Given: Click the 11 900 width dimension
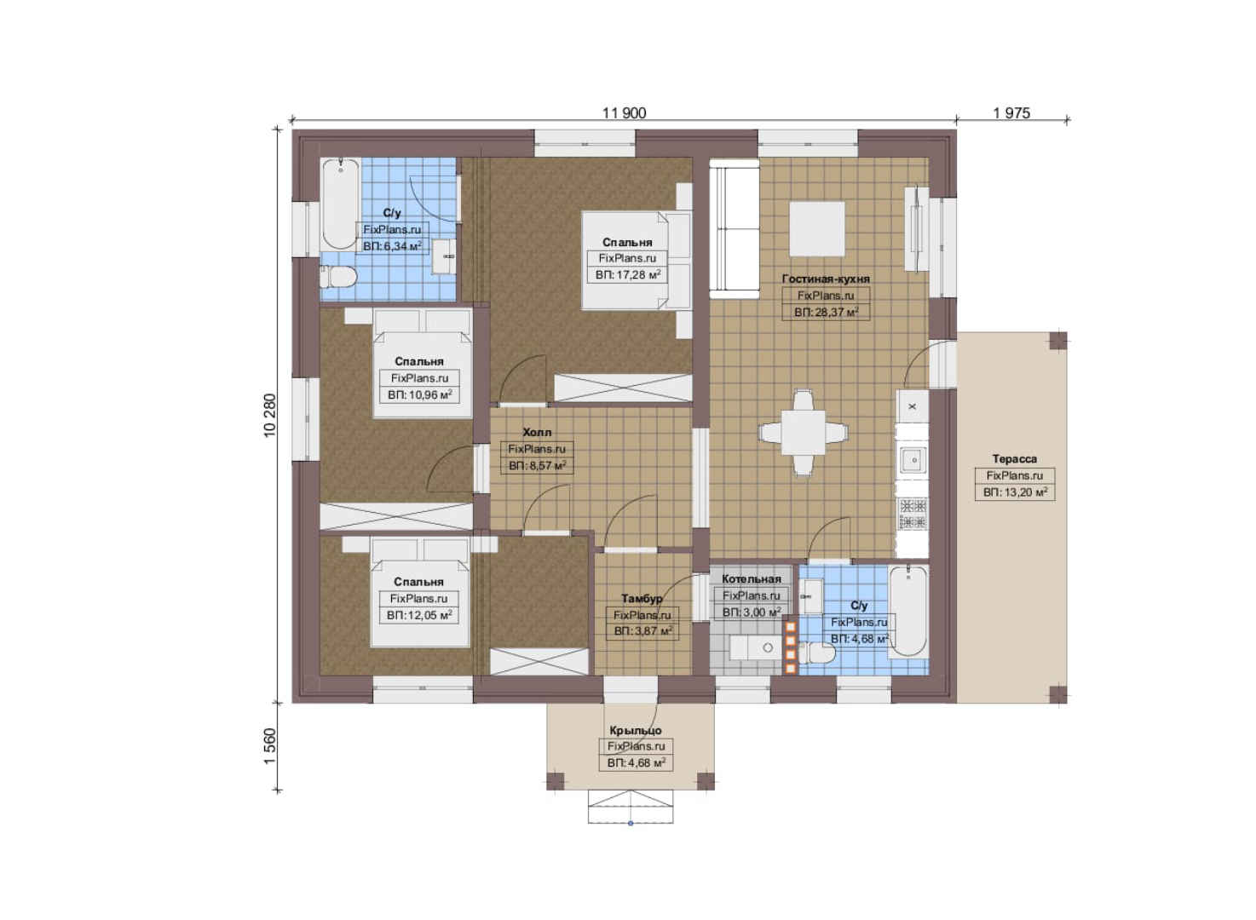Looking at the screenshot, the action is pos(624,113).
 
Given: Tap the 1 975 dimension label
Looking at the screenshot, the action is pos(1011,113).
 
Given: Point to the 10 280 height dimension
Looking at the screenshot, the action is pos(270,416).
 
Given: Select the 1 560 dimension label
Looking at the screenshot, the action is pos(270,746).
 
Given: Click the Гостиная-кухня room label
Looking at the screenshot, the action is pos(826,279).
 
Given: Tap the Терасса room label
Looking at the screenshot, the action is pos(1014,459).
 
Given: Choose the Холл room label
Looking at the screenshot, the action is pos(537,432).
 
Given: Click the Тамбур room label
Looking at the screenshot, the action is pos(642,599).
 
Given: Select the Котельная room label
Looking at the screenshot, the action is pos(751,579).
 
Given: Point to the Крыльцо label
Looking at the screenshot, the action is pos(636,731).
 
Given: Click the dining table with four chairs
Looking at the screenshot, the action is pos(803,434).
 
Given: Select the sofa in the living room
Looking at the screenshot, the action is pos(734,229).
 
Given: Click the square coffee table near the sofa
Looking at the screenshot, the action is pos(817,229).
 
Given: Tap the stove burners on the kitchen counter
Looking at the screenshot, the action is pos(913,515).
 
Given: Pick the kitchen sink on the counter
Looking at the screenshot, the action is pos(913,461).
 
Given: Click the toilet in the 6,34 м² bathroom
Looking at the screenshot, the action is pos(338,277).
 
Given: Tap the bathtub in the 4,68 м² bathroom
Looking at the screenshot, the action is pos(907,611).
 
